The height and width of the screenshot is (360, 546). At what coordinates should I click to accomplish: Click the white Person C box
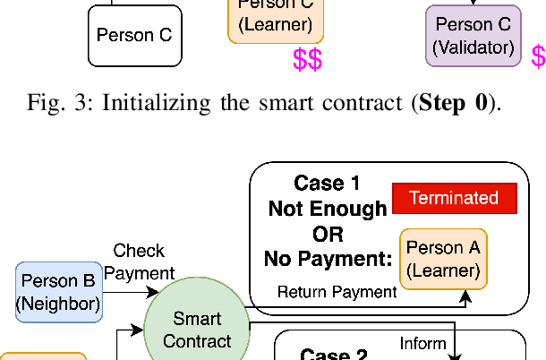[133, 36]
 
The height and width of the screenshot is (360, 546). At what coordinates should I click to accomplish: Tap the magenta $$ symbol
[307, 60]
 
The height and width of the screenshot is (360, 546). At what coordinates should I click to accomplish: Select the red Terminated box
[454, 198]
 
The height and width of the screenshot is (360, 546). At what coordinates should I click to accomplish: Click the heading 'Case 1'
[327, 184]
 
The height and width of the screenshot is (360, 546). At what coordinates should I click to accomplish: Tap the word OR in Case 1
[328, 234]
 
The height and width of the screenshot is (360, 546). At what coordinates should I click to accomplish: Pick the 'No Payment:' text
[328, 260]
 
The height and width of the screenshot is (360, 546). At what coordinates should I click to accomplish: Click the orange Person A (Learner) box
[443, 258]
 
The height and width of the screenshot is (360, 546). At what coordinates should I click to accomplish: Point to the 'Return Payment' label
[337, 292]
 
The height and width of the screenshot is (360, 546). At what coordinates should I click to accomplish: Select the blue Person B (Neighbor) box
[58, 292]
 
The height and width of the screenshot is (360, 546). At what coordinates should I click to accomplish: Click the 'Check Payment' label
[139, 261]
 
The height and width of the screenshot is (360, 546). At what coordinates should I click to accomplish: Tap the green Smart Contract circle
[197, 329]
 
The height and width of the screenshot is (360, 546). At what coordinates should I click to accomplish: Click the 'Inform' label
[422, 343]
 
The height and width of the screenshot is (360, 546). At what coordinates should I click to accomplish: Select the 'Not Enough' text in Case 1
[328, 209]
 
